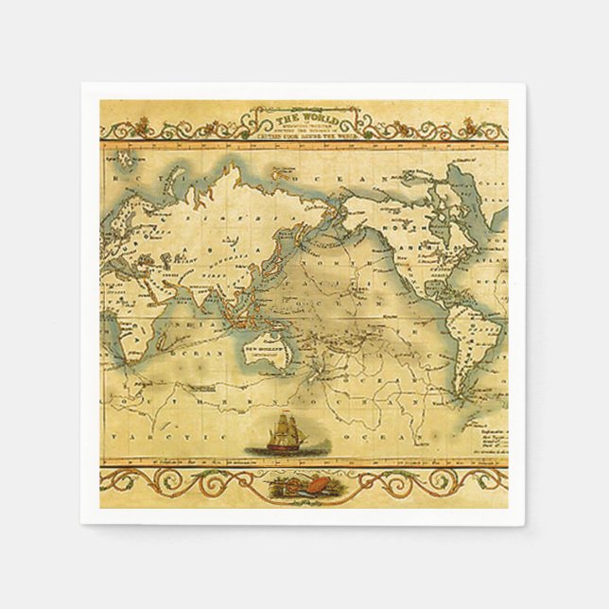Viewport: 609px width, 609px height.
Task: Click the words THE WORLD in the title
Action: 304,118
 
